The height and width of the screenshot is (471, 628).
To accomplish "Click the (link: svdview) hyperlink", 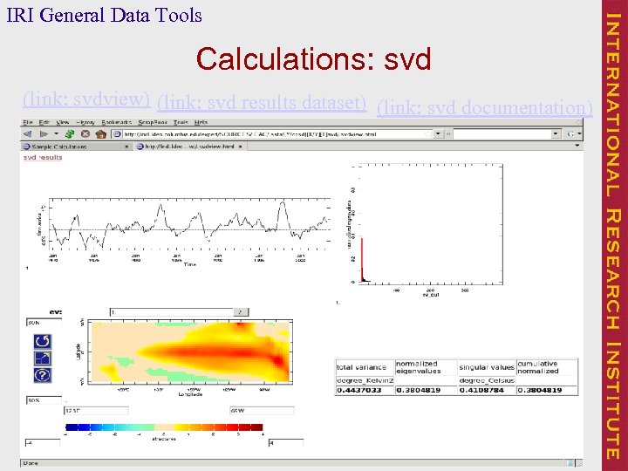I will coord(86,99).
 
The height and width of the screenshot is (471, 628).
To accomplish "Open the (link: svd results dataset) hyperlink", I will coord(261,103).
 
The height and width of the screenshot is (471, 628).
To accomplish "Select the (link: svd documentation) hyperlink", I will coord(484,108).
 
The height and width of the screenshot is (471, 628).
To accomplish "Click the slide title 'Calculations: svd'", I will coord(313,59).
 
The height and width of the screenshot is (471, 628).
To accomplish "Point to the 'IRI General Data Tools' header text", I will coord(104,15).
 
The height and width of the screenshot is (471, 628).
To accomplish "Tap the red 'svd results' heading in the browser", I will coord(43,158).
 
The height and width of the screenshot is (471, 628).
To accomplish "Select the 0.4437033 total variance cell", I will coord(364,390).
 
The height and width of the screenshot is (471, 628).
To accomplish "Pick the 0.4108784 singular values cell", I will coord(486,390).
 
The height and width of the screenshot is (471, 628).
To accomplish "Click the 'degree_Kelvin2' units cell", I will coord(364,379).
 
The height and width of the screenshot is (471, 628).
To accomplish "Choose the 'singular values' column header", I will coord(486,367).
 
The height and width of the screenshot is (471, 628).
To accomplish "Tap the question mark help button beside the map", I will coord(42,375).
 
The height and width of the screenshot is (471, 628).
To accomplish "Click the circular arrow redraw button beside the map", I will coord(42,340).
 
